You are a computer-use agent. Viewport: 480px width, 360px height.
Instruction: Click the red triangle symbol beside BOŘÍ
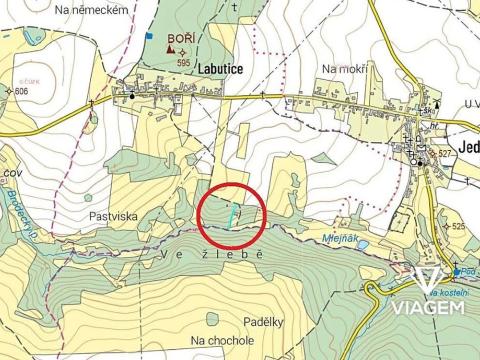[171, 47]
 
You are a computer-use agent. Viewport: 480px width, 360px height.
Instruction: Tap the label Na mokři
[346, 68]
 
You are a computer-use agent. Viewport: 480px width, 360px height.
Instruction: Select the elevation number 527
[446, 153]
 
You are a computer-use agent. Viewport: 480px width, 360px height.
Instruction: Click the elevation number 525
[458, 227]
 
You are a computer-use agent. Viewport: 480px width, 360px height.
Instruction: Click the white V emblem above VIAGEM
[428, 279]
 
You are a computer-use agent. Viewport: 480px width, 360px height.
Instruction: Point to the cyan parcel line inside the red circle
[235, 213]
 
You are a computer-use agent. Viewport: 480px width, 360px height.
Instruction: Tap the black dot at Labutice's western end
[131, 97]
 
